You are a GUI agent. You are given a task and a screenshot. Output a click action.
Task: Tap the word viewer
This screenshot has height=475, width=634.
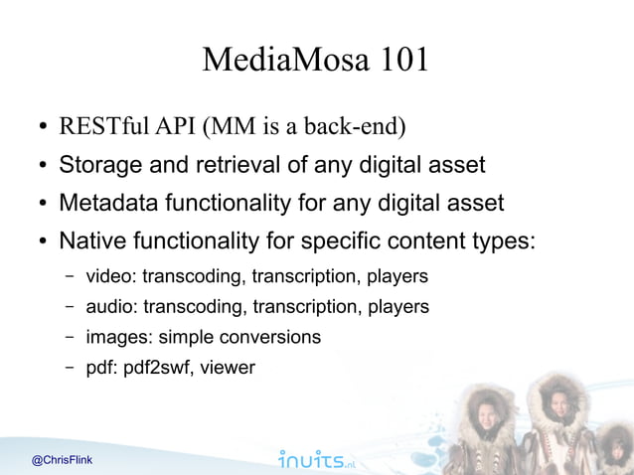[x=228, y=368]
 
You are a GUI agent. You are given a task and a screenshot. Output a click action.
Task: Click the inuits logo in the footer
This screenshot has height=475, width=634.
[x=316, y=459]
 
